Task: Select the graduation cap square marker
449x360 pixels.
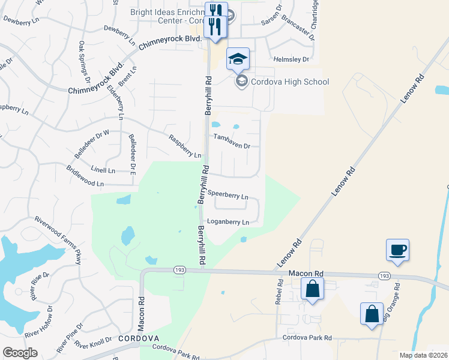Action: click(x=238, y=59)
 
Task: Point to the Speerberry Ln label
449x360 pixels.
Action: click(x=228, y=196)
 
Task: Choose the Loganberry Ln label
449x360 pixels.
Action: click(x=228, y=222)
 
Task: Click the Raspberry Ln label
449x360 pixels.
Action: click(x=185, y=147)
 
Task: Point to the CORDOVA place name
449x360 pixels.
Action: click(x=137, y=338)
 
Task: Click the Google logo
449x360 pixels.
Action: click(x=20, y=352)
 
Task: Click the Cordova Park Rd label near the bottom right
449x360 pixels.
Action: click(x=308, y=338)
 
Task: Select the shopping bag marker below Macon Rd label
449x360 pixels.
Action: click(x=313, y=290)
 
